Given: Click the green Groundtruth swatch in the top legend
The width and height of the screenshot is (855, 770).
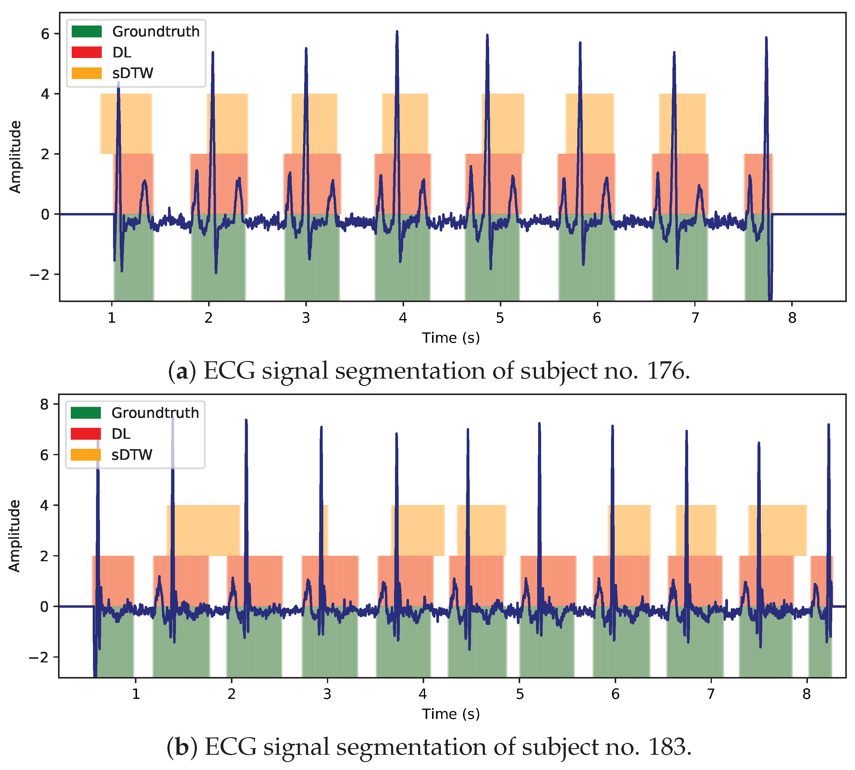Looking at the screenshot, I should pos(87,31).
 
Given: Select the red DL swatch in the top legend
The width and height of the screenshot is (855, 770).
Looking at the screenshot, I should pos(87,52).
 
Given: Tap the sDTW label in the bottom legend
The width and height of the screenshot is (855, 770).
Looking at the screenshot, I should pos(132,455).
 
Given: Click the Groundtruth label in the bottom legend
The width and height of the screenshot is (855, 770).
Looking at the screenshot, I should pos(155,413).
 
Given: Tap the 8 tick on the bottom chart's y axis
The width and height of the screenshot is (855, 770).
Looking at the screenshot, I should pos(44,404).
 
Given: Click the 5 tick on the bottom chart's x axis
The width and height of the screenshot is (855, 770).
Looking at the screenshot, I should pos(520,694).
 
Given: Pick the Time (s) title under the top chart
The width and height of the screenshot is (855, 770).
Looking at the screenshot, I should pos(451,338).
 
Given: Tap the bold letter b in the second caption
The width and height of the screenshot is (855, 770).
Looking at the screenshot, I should pos(182,747).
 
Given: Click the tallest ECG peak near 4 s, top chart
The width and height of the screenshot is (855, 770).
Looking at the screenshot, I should pos(397,34).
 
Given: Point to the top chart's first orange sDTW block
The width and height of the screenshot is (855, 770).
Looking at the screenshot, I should pos(126,124).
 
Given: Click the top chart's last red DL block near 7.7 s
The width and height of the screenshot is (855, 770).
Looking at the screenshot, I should pos(758,184).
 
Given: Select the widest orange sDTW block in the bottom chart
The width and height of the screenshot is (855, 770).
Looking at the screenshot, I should pos(203,531).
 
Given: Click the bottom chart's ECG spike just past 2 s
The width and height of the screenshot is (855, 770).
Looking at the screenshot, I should pos(246,423).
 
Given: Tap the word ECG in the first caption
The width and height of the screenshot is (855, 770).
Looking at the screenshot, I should pos(229,371).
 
